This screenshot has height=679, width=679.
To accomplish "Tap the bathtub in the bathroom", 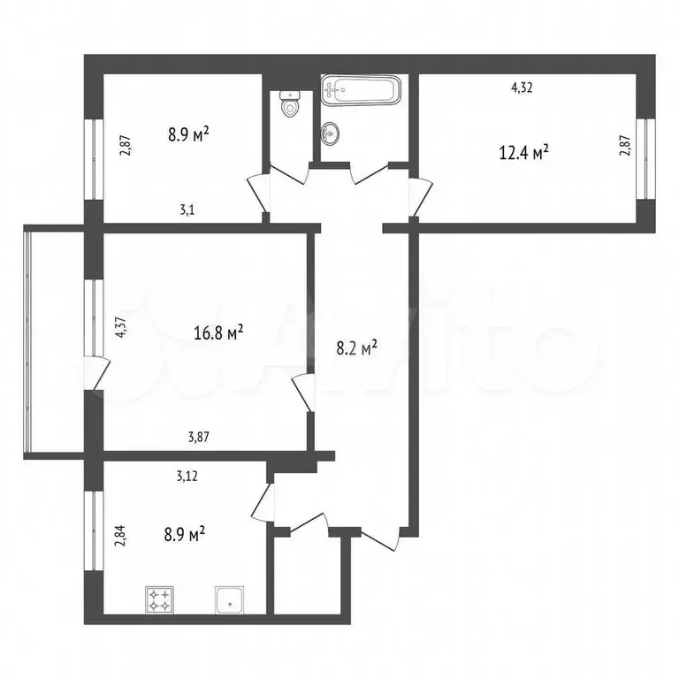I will pos(362,89).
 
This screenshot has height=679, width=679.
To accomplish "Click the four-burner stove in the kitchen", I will pos(159,601).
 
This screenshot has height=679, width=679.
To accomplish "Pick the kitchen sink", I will pos(230,601).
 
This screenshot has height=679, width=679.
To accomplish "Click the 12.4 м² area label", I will pos(524,151).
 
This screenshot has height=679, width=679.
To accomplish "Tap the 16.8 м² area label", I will pos(218,333).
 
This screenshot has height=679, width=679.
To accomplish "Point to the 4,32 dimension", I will pos(524,88).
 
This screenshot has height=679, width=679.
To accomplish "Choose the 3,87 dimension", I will pos(201,436).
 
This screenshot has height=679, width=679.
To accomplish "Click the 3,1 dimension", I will pos(187,210).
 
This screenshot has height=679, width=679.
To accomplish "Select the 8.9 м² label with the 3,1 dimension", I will pos(188,134).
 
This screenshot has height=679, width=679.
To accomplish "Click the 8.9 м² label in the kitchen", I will pos(186,533).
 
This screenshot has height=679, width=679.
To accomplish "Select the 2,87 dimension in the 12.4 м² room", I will pos(625,144).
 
